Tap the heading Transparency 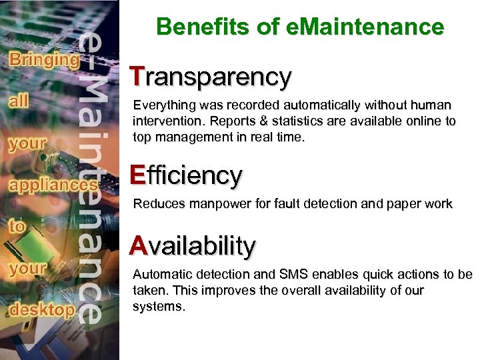click(211, 77)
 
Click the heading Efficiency click(186, 175)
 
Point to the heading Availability click(193, 246)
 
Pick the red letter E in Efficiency click(137, 175)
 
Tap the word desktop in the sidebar click(41, 309)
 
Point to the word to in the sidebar click(18, 225)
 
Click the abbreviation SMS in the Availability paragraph click(293, 275)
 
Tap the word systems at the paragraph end click(157, 307)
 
